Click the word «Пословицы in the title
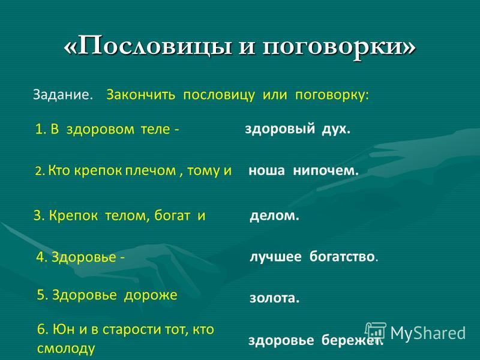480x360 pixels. click(x=148, y=46)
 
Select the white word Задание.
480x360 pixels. click(x=63, y=95)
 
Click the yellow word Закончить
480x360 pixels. click(x=141, y=95)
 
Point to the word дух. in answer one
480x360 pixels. click(x=336, y=128)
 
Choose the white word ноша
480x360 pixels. click(x=266, y=170)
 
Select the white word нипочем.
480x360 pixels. click(x=326, y=170)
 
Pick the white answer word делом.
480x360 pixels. click(x=274, y=216)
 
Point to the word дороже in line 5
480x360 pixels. click(x=151, y=295)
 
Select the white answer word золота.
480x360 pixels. click(x=274, y=298)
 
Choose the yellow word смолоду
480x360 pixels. click(x=66, y=349)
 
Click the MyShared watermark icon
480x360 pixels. click(x=376, y=332)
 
